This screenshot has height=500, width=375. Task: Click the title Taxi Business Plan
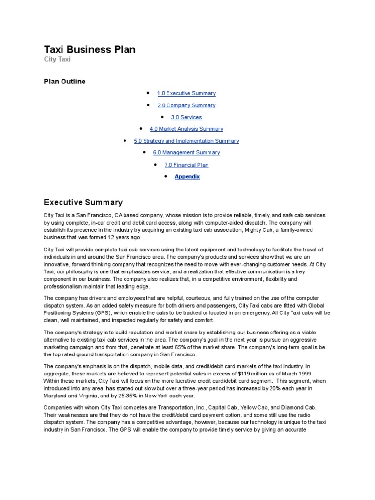tap(90, 49)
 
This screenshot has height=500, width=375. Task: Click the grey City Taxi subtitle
tap(57, 60)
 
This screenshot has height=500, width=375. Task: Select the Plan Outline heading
tap(64, 82)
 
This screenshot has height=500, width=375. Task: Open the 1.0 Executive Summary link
tap(186, 93)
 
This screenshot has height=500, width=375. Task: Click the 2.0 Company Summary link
tap(186, 105)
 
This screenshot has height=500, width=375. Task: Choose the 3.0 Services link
tap(186, 117)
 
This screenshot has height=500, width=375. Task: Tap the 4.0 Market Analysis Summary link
tap(186, 129)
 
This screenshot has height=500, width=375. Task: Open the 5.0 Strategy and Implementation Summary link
tap(186, 141)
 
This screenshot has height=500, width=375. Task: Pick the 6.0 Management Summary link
tap(186, 152)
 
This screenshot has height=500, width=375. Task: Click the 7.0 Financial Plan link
tap(186, 165)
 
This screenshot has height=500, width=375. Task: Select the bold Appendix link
tap(187, 176)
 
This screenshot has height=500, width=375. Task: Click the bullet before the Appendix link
tap(166, 176)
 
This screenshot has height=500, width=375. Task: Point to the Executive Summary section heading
tap(83, 202)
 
